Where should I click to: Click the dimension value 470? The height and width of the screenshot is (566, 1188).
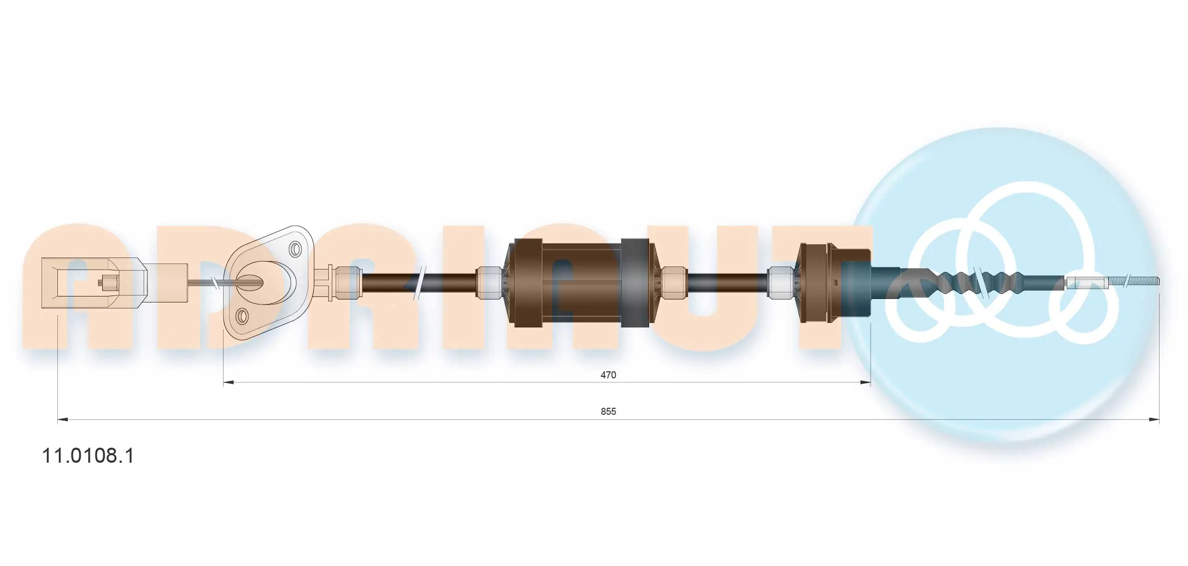[608, 375]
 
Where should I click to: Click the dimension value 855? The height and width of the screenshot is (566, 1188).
[608, 411]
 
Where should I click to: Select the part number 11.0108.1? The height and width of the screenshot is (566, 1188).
[88, 456]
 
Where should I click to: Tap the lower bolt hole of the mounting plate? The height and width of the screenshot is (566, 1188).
[242, 315]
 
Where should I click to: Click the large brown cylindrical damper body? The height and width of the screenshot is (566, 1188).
[581, 283]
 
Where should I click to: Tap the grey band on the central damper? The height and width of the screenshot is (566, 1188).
[635, 283]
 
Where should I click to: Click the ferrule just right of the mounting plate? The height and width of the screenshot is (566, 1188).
[347, 283]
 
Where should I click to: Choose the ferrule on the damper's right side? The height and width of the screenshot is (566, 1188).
[674, 283]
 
